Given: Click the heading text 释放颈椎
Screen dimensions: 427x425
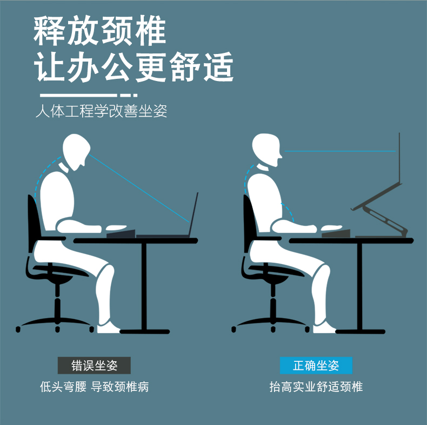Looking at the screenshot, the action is [99, 30].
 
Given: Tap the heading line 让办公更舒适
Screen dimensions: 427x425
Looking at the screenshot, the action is [134, 67].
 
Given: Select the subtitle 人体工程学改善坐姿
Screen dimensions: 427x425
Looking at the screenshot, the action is [101, 111].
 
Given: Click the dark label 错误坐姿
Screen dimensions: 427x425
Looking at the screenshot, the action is [94, 366].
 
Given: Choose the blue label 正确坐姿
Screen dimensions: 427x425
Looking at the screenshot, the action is [316, 366].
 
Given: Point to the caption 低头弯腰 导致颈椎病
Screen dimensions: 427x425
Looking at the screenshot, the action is [94, 387].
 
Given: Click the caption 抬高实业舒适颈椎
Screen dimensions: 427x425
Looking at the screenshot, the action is [316, 387].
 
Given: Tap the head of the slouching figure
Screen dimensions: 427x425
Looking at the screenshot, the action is [76, 151].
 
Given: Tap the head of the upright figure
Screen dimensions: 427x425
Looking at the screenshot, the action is [266, 149].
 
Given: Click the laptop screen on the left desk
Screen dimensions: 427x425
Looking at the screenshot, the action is [194, 214].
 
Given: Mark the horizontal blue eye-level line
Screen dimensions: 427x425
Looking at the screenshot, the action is [340, 151].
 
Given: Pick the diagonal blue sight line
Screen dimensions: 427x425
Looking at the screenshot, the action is [139, 188].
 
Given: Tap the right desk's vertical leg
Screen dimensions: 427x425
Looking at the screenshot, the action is [360, 286].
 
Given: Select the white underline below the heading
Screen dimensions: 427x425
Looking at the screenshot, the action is [89, 95].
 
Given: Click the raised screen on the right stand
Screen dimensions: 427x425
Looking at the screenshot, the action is [399, 158].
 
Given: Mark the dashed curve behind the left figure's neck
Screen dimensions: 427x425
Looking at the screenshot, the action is [44, 174].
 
